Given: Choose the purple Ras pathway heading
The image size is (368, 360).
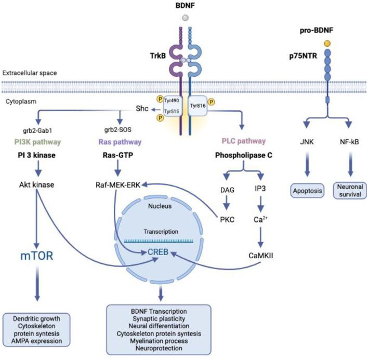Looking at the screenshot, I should tap(120, 141).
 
